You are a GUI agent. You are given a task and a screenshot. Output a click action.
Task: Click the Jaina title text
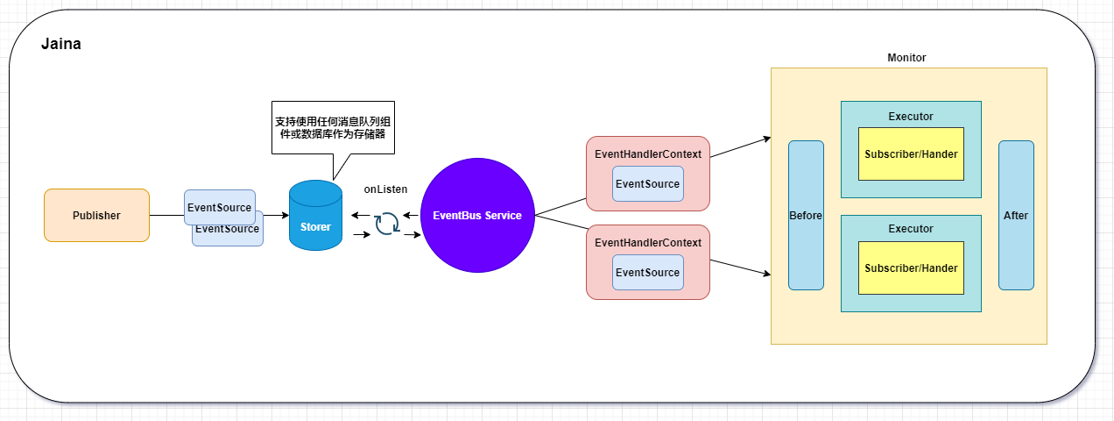61,44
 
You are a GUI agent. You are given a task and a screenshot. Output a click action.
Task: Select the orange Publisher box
96,215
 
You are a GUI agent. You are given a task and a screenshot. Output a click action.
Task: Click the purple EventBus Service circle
477,215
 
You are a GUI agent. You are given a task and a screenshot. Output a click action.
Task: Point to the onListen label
385,189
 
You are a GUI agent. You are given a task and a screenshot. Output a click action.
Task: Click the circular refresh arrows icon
386,224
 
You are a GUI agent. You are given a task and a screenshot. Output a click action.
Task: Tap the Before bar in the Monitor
806,215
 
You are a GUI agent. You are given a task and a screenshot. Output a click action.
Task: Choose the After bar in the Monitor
1016,215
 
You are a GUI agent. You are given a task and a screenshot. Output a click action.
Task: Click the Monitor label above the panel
906,58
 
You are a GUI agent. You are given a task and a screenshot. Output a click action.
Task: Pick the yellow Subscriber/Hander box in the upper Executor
911,154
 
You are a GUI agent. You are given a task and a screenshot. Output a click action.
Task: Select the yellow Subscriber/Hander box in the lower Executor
911,268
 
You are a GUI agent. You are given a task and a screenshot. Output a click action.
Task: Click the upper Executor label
911,117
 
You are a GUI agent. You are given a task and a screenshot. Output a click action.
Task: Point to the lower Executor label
911,229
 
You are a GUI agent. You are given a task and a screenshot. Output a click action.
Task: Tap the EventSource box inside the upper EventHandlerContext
647,184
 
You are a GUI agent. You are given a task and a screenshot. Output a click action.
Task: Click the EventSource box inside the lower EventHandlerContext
647,273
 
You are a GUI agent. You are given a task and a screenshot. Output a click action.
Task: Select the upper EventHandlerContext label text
647,154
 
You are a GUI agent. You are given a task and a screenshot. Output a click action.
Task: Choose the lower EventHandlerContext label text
647,242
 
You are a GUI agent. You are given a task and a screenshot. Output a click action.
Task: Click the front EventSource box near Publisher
219,208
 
